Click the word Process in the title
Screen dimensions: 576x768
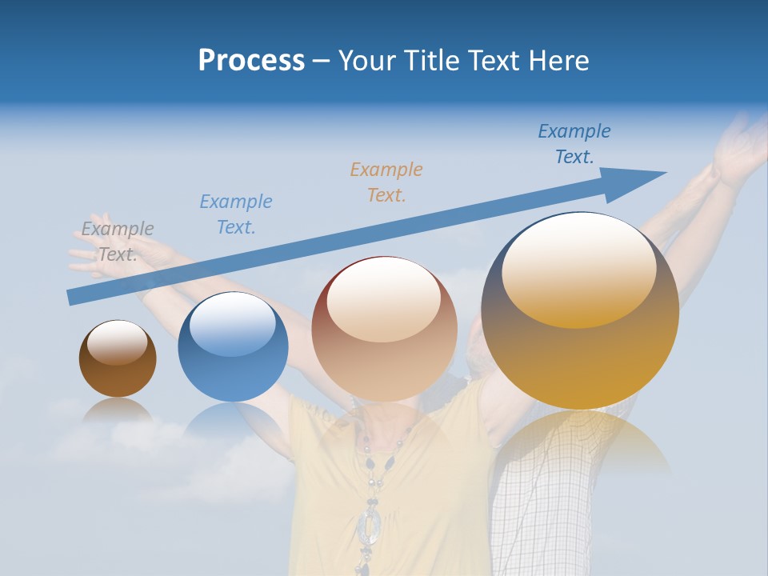coord(251,61)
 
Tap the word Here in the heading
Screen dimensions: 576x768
coord(558,61)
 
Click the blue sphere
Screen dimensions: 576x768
coord(233,346)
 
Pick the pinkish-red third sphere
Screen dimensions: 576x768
coord(384,329)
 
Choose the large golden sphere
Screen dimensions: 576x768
coord(580,310)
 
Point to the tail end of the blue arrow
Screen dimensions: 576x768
coord(74,297)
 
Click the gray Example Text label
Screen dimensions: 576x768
coord(118,241)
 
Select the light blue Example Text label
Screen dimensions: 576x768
coord(235,214)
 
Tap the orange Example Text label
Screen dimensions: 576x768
coord(386,182)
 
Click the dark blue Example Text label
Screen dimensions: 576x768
coord(574,143)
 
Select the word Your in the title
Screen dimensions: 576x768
coord(366,61)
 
